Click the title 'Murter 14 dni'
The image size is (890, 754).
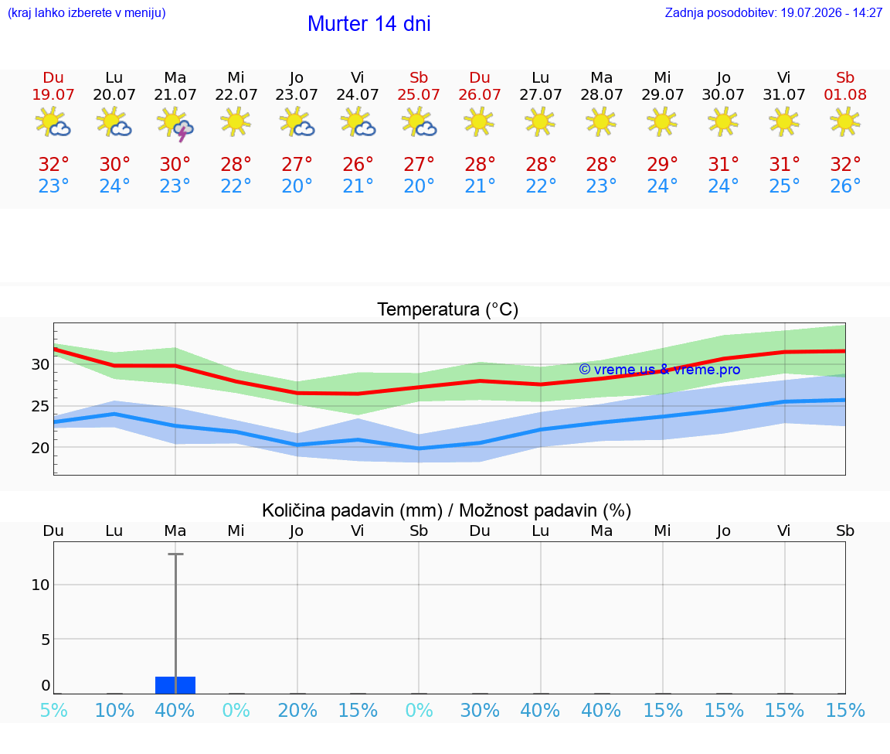pos(369,24)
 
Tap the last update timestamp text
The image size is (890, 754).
pos(773,12)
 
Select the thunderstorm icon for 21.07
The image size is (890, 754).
pos(175,123)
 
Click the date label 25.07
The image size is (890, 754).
pos(418,94)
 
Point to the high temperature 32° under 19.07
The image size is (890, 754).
pos(53,164)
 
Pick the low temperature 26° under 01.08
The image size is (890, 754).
pos(845,186)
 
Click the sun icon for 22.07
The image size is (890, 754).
pos(236,121)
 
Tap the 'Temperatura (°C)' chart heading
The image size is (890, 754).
pos(448,309)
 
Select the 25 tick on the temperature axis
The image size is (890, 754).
pos(40,406)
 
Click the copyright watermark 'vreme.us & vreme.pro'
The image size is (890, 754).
pos(660,370)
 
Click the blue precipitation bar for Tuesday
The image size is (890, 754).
pos(175,685)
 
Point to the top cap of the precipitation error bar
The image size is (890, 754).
pos(175,554)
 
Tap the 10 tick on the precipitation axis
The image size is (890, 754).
pos(40,585)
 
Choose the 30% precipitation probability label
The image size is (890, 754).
pos(480,710)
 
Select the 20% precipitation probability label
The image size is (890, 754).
pos(297,710)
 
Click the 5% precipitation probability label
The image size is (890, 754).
pos(54,710)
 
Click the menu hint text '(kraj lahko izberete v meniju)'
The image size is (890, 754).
pos(87,12)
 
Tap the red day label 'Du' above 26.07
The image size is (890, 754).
pos(480,78)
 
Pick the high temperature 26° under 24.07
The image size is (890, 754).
pos(358,164)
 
